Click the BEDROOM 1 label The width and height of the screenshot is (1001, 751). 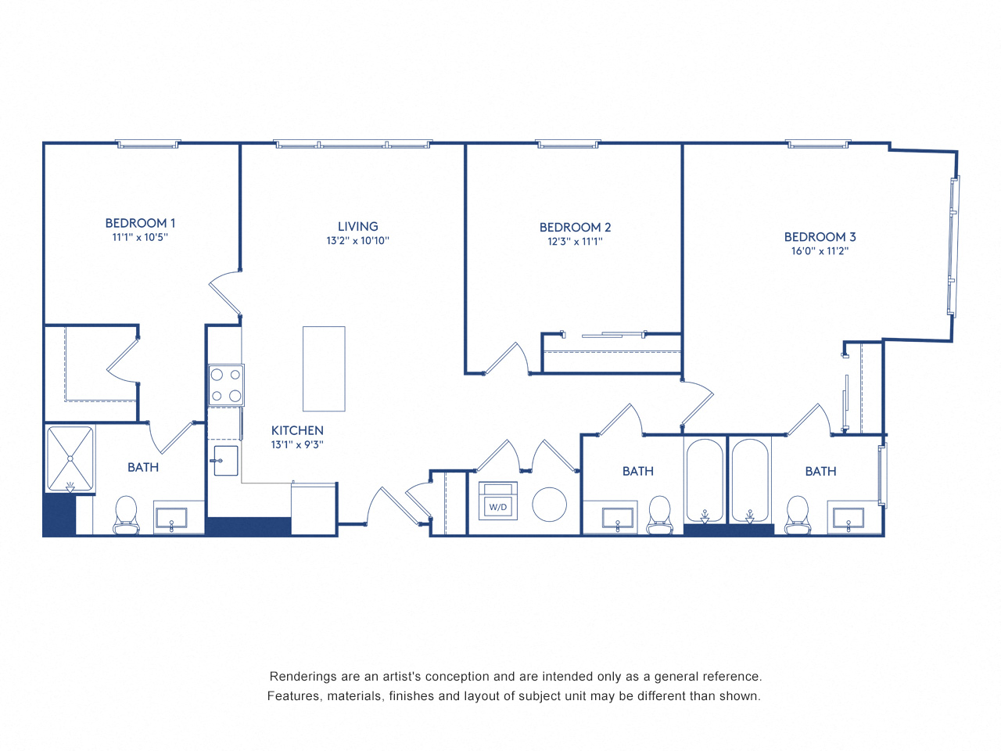140,223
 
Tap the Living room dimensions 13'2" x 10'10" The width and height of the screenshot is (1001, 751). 357,241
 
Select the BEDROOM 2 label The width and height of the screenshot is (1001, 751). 575,227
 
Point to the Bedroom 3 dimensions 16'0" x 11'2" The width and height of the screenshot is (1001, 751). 820,251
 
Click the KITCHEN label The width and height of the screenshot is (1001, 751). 297,430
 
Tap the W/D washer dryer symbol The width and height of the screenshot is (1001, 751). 498,501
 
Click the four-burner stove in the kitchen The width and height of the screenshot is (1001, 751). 226,385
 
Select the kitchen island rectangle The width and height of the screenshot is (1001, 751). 324,368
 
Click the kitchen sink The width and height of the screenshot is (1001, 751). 225,461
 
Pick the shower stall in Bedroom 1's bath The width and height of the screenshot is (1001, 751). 70,459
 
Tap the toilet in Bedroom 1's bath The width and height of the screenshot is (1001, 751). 126,515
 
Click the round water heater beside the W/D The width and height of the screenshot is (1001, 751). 549,505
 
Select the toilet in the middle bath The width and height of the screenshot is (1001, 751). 659,515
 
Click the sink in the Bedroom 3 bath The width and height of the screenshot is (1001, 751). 848,519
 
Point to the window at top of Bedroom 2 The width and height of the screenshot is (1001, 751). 568,144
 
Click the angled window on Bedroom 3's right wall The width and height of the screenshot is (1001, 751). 953,246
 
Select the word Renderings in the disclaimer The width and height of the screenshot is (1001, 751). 304,677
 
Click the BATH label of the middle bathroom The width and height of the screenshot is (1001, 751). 637,471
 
